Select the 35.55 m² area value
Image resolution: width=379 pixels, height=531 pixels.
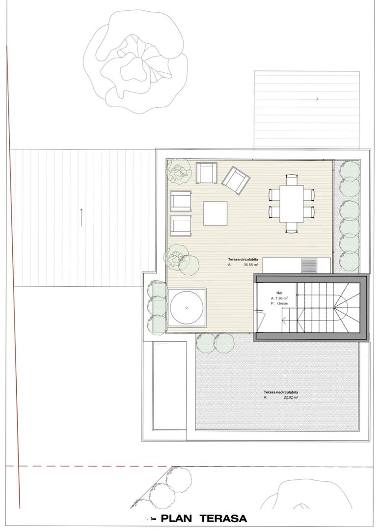point(251,265)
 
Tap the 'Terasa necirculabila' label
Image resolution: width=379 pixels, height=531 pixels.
point(281,392)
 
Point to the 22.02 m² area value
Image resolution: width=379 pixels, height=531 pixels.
point(291,397)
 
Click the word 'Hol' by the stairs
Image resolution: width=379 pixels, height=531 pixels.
point(280,293)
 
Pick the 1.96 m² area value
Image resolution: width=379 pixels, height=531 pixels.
point(282,298)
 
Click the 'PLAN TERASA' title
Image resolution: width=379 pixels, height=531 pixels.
point(204,518)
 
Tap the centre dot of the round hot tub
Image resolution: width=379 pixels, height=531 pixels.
point(187,307)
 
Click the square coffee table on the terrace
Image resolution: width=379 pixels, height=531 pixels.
point(215,213)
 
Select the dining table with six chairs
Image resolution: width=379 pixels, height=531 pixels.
point(291,203)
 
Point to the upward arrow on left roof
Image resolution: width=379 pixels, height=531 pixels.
point(81,217)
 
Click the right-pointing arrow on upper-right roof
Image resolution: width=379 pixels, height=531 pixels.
point(309,99)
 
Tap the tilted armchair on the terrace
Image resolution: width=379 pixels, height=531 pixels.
point(236,180)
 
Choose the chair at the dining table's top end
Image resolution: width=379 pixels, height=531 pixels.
point(291,179)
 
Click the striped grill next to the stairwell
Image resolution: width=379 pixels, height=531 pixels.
point(309,265)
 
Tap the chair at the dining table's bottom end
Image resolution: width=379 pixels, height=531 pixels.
point(291,227)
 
